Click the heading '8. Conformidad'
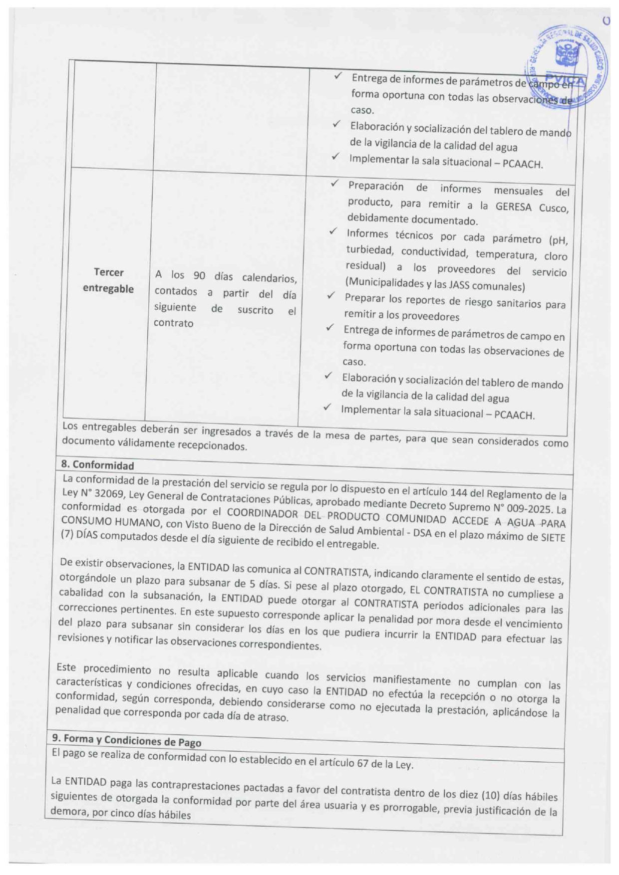[x=98, y=465]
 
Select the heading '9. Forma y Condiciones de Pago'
[x=126, y=740]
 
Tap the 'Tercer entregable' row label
[x=108, y=280]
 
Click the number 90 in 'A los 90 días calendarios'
[x=199, y=275]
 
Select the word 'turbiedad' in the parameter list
[x=369, y=250]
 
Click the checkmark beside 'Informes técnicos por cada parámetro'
[x=333, y=231]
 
